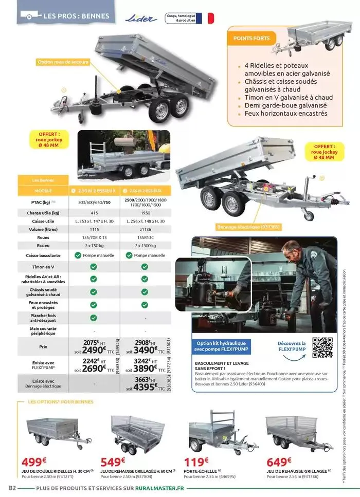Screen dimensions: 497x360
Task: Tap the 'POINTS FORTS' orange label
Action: (248, 39)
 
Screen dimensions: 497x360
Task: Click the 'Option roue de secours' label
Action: (63, 62)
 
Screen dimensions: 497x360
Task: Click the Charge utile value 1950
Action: (145, 212)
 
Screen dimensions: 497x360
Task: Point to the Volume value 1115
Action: (94, 229)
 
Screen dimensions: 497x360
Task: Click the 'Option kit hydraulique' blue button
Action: (222, 346)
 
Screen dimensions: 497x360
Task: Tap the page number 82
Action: (11, 487)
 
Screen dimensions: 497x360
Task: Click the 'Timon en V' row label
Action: (43, 267)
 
